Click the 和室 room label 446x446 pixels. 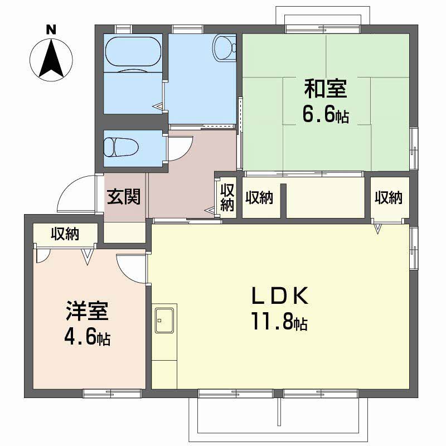(x=326, y=89)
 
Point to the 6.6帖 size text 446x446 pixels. (x=326, y=115)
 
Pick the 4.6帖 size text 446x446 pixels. (x=87, y=337)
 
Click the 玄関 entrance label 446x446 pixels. (x=124, y=197)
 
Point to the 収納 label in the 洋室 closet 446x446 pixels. (x=66, y=234)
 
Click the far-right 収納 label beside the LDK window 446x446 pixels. (x=389, y=197)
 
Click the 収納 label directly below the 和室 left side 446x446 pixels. (x=259, y=197)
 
